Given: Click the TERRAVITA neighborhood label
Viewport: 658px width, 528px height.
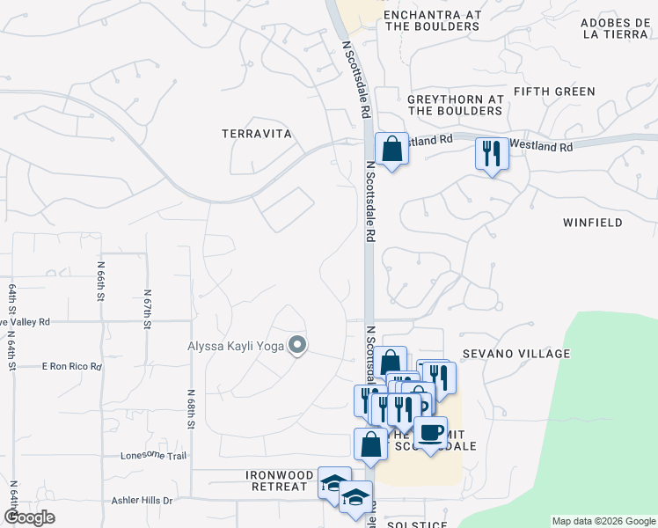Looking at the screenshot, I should (x=256, y=133).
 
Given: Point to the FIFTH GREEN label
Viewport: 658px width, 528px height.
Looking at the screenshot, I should (x=554, y=92).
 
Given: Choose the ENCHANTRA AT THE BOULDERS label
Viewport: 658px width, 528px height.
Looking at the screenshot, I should (x=432, y=21).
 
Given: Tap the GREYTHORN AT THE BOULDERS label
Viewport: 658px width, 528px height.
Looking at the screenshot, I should (x=456, y=106).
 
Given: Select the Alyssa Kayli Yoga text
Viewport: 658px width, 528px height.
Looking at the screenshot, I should (x=235, y=346).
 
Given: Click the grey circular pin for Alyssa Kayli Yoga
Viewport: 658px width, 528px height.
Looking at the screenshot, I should (x=297, y=346).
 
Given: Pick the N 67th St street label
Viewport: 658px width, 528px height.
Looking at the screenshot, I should (x=146, y=309).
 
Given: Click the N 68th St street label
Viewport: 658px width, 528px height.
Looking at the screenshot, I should (x=191, y=410).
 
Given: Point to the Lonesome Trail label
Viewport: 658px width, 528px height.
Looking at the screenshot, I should (x=155, y=456).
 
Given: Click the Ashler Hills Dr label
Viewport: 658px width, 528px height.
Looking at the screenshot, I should (x=143, y=501).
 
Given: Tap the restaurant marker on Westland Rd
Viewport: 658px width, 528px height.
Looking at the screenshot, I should (x=492, y=154).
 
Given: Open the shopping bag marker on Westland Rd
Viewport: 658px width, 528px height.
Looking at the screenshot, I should (x=391, y=148).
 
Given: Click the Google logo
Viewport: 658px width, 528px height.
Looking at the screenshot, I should (x=30, y=517).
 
